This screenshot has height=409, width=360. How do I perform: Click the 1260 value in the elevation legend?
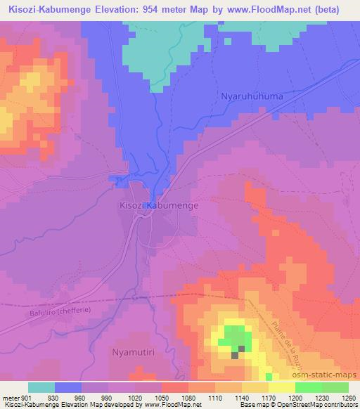tap(347, 397)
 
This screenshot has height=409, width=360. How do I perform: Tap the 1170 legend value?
tap(269, 397)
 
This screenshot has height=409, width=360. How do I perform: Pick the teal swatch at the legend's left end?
tap(41, 387)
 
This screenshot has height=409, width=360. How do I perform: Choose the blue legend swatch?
tap(68, 387)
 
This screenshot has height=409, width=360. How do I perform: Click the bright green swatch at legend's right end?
tap(335, 387)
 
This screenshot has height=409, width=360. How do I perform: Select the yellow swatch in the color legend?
tap(255, 387)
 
